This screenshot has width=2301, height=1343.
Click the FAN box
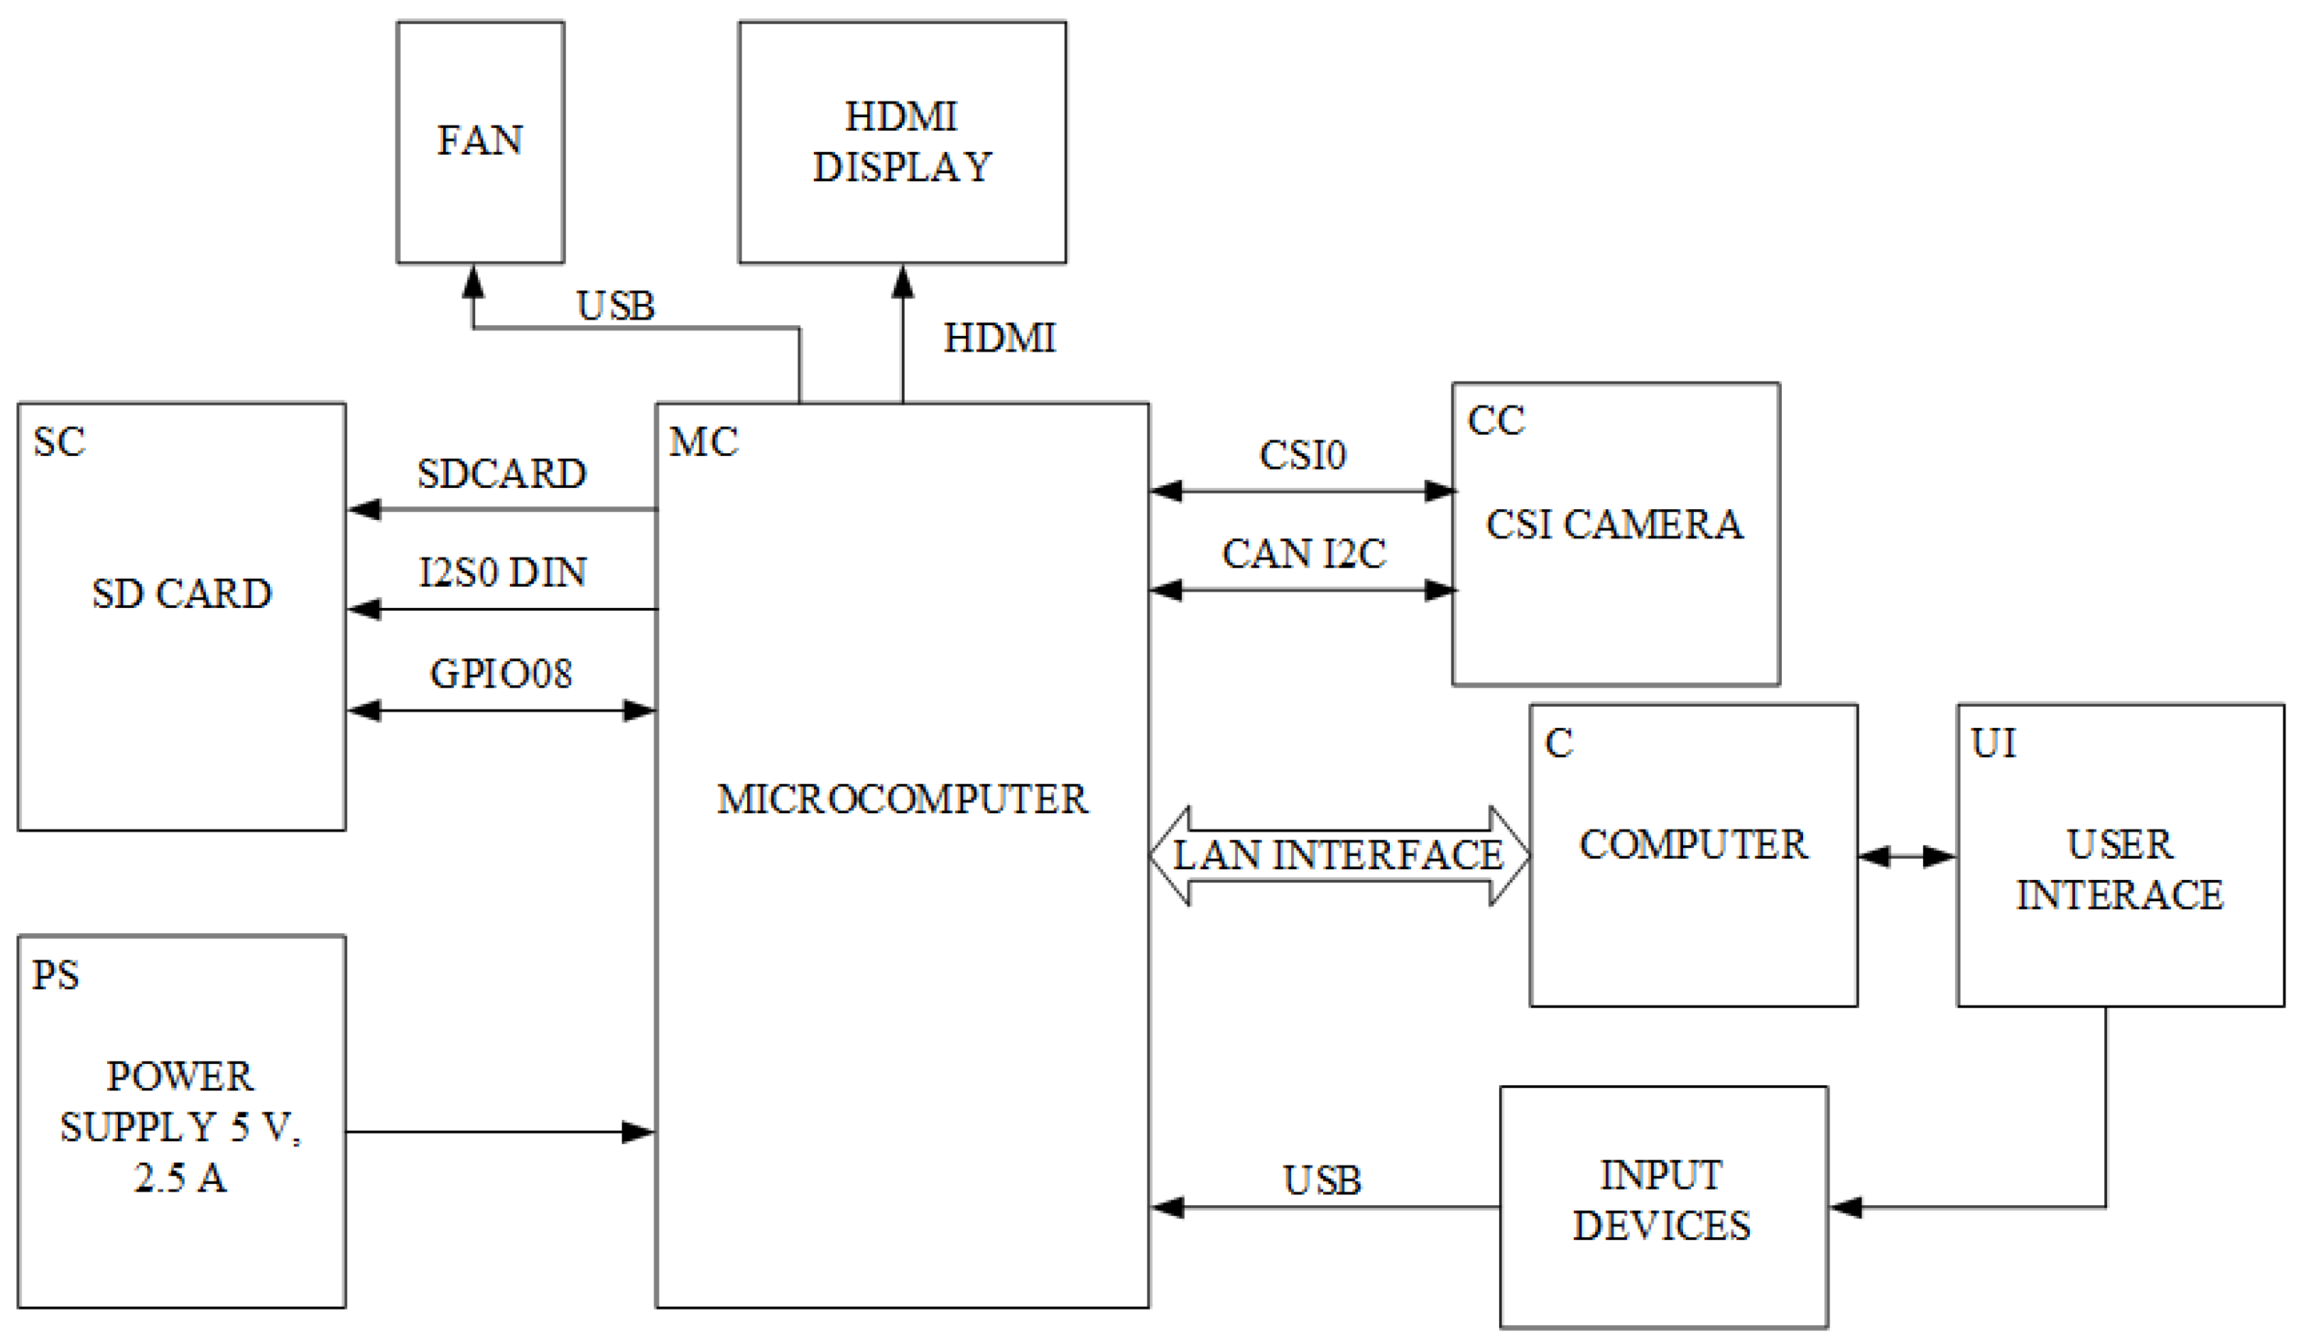point(480,141)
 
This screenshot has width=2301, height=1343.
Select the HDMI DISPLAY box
point(902,141)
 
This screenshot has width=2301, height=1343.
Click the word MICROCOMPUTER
point(902,800)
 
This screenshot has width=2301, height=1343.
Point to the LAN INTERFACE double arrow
point(1339,856)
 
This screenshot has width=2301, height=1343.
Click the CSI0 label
point(1302,455)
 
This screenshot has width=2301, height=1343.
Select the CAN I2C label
point(1304,554)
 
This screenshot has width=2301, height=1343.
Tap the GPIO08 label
point(501,674)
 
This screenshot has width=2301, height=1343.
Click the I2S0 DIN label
point(502,572)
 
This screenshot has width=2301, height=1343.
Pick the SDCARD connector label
point(502,474)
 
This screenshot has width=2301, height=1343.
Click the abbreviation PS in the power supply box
point(55,975)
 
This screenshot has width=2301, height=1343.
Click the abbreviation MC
point(703,442)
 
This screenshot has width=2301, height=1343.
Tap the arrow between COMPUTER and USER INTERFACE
point(1907,857)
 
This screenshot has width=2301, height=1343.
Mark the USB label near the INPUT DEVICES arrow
point(1321,1180)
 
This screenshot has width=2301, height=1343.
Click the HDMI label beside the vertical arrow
point(999,339)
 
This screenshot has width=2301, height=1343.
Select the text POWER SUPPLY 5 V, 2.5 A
point(181,1126)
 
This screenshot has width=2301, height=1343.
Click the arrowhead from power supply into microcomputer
point(638,1132)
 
